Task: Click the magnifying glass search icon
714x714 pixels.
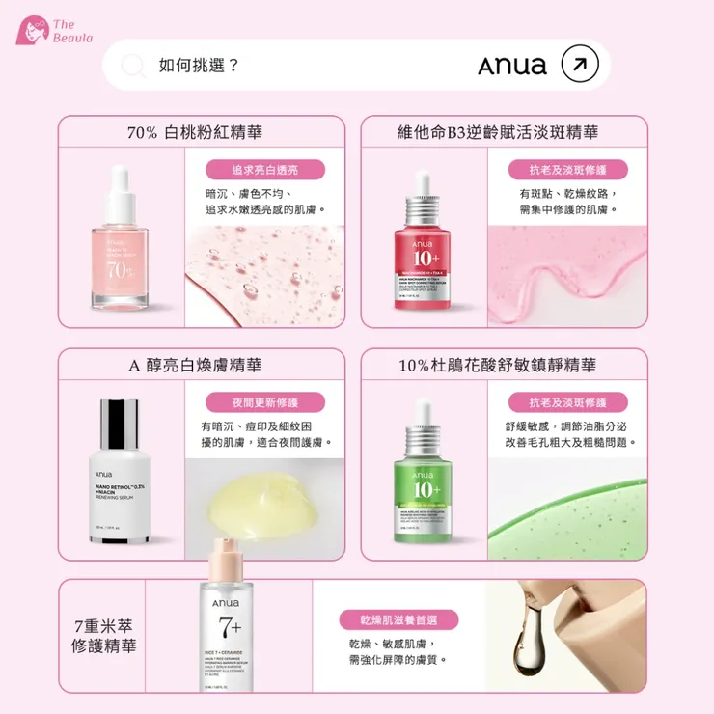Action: [132, 66]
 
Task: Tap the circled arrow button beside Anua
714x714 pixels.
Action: [579, 65]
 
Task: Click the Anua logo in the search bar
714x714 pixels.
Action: [511, 66]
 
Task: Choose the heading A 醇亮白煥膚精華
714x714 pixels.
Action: [195, 366]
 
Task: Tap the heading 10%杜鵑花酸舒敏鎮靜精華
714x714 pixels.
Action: [497, 366]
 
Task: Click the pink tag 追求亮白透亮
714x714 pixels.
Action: [264, 169]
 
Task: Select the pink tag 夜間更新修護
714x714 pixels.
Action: [264, 401]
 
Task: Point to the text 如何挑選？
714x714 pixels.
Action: [200, 66]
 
